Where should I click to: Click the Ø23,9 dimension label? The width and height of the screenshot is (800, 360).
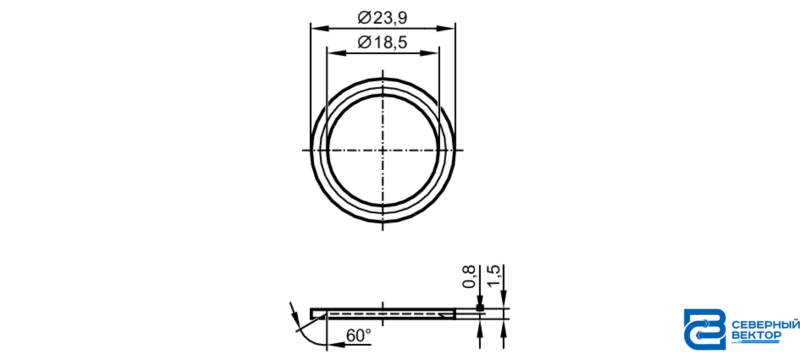pyautogui.click(x=383, y=18)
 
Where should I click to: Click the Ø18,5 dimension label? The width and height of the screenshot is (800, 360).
pyautogui.click(x=383, y=43)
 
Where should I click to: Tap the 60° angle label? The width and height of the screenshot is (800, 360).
pyautogui.click(x=359, y=336)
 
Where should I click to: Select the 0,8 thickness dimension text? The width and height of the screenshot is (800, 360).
pyautogui.click(x=469, y=276)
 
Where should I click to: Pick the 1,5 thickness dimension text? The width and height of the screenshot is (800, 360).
pyautogui.click(x=495, y=276)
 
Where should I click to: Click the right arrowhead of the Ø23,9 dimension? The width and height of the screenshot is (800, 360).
pyautogui.click(x=448, y=28)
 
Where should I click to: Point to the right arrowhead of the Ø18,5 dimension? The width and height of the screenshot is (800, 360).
pyautogui.click(x=432, y=53)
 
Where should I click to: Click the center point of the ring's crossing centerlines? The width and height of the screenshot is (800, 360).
pyautogui.click(x=383, y=150)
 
